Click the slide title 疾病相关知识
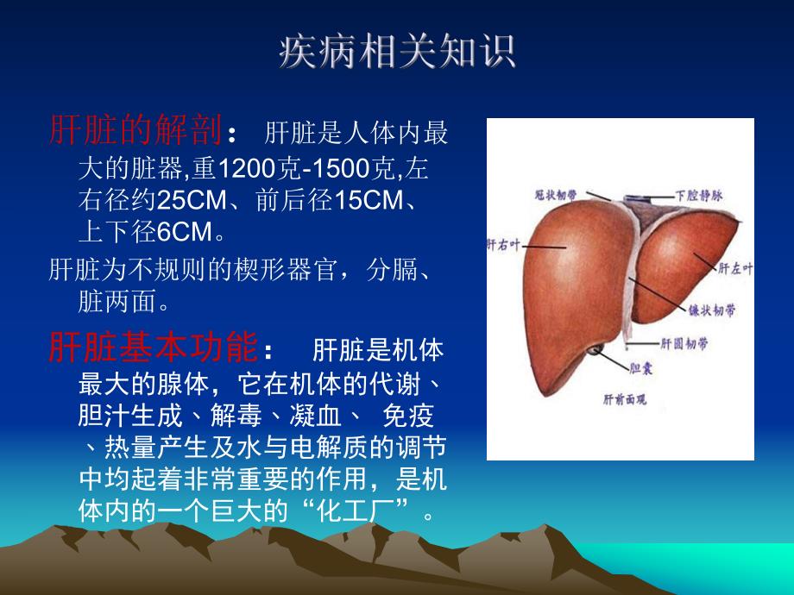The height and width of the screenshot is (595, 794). click(x=397, y=52)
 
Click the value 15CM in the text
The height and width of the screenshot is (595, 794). click(x=369, y=200)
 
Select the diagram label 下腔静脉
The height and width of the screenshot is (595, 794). click(x=699, y=195)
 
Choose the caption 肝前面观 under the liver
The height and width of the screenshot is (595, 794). click(x=624, y=399)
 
